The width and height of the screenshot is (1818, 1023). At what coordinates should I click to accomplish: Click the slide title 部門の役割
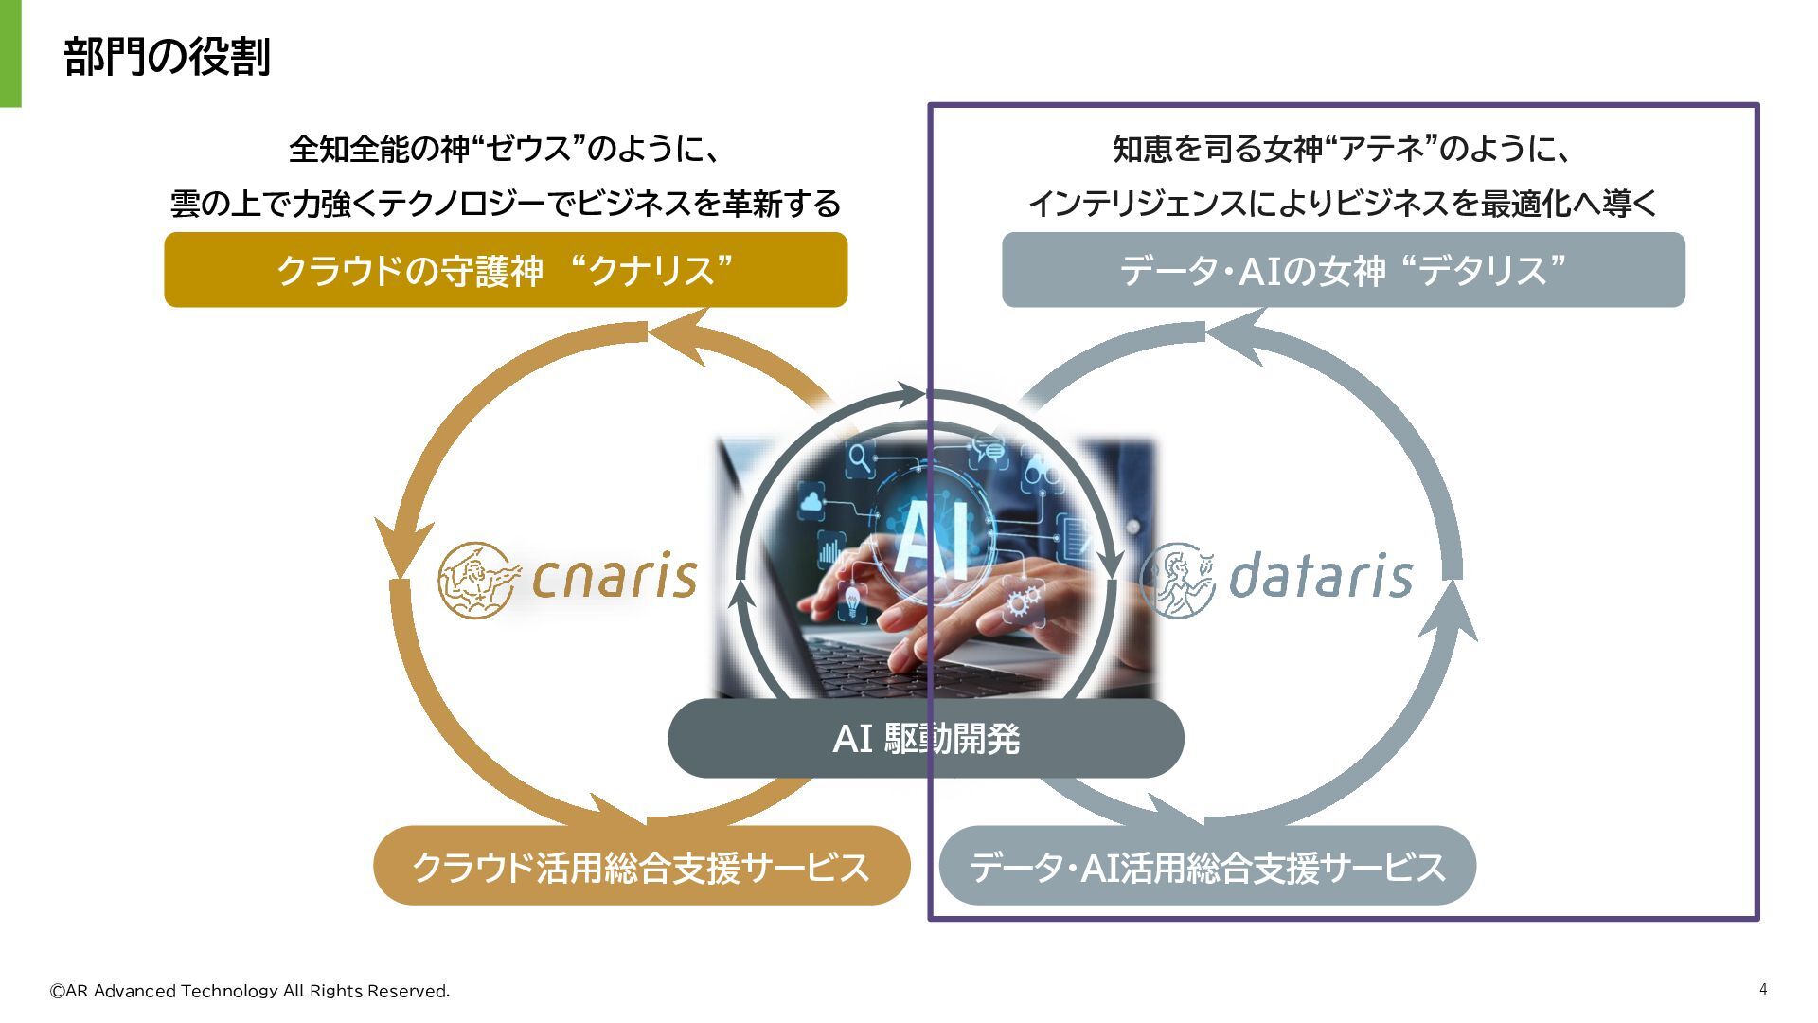167,57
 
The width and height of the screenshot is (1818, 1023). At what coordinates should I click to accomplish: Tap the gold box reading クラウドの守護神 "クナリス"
506,270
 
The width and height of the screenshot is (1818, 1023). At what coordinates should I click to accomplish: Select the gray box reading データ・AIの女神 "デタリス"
1343,270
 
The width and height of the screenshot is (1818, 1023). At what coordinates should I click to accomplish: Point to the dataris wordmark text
1320,575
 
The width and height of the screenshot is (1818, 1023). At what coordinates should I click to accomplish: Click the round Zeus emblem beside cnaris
478,579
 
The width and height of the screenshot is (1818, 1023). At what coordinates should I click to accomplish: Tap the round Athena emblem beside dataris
1177,579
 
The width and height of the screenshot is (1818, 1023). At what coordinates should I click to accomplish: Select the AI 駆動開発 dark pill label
925,739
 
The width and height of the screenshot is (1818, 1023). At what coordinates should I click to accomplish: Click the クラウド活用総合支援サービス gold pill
641,866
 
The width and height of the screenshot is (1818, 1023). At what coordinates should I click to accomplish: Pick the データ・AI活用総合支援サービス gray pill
1207,866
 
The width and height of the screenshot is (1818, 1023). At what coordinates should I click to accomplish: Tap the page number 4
1763,989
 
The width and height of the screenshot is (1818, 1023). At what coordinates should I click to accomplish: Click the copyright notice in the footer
250,991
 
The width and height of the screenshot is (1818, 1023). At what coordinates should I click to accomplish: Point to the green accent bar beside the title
10,53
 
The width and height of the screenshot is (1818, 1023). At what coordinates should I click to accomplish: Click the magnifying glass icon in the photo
860,458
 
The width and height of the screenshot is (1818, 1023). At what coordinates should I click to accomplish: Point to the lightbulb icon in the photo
852,600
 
